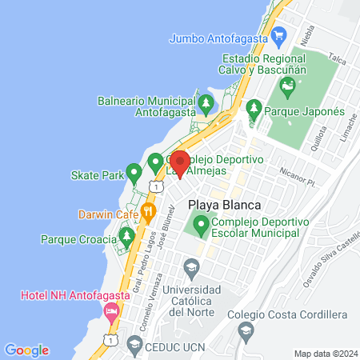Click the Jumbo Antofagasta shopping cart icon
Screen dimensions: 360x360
278,35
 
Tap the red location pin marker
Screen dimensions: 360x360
179,163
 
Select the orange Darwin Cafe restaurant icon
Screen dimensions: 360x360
148,213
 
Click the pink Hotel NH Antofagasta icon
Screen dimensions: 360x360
111,310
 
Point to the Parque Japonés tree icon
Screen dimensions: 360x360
254,106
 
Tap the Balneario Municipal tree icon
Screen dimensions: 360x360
206,102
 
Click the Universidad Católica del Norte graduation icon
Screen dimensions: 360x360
190,266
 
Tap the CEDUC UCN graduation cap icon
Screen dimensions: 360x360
130,346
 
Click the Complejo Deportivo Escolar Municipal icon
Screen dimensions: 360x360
199,227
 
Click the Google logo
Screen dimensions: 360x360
26,350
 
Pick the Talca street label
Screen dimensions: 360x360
337,61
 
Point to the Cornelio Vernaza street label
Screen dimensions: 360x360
150,294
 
